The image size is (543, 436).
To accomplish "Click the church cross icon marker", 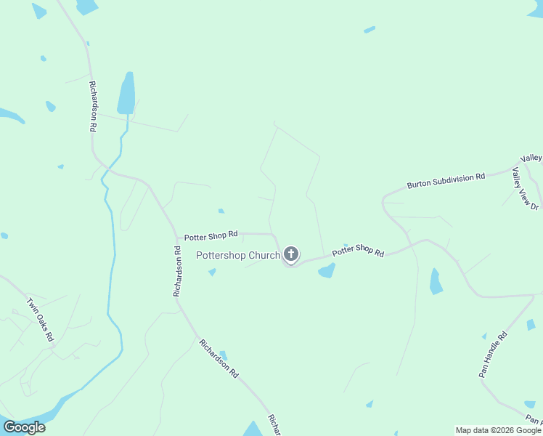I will coord(291,254).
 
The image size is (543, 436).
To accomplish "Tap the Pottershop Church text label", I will coord(238,255).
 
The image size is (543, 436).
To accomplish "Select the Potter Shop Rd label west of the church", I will coord(211,235).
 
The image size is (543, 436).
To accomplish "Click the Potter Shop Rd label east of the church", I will coord(357,251).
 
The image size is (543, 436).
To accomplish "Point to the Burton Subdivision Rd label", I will coord(446,181).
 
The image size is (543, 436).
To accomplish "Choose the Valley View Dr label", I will coord(521,188).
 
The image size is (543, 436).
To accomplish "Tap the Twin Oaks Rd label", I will coord(40,320).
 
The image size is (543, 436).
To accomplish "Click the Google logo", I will coord(24,427).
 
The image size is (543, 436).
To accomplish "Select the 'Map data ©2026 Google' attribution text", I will coord(498,430).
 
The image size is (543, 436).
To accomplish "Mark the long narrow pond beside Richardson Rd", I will coord(126,92).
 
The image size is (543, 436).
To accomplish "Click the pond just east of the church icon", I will coord(327,271).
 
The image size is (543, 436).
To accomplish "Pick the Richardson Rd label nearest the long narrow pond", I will coord(93,106).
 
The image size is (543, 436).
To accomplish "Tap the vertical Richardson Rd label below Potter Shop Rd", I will coord(176,271).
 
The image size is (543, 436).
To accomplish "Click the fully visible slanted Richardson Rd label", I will coord(219,358).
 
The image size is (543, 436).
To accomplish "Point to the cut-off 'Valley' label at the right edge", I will coord(531,158).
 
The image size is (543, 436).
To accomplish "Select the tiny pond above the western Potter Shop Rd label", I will coord(221,211).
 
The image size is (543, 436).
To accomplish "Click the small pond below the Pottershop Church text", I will coord(212,272).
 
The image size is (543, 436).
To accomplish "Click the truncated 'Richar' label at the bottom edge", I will coord(274,425).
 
